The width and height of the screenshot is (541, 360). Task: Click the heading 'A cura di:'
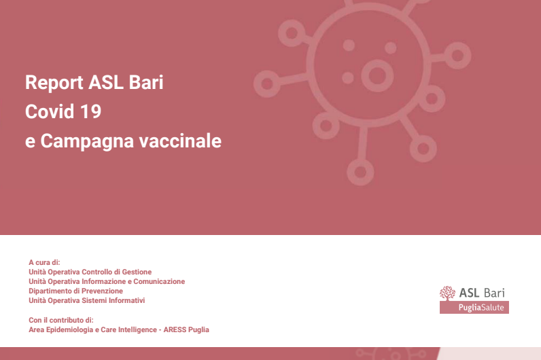coord(44,262)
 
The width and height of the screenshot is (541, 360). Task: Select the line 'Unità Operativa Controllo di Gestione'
coord(90,272)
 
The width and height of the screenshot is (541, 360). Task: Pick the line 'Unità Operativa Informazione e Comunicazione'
coord(107,281)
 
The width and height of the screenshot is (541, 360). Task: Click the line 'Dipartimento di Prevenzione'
coord(75,291)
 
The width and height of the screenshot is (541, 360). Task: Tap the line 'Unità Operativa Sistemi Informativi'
coord(86,300)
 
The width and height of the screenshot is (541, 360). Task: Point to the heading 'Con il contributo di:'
coord(60,319)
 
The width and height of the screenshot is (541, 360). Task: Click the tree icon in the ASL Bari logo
coord(447,293)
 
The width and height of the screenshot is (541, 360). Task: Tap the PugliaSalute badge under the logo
coord(474,308)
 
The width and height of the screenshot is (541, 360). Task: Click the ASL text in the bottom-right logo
coord(469,293)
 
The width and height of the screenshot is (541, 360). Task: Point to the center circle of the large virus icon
coord(374,71)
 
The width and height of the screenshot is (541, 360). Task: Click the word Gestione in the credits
coord(136,272)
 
